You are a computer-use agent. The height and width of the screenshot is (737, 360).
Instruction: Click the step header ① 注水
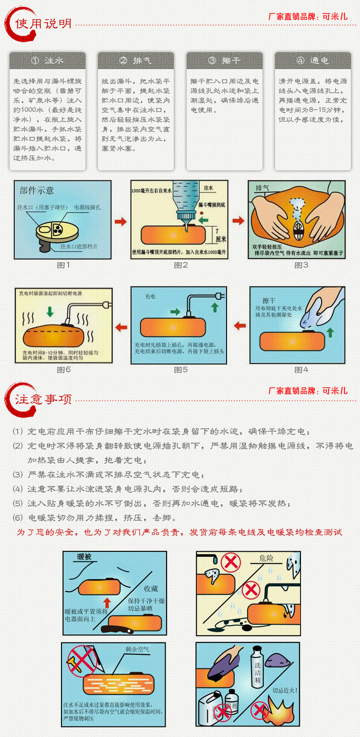pos(48,60)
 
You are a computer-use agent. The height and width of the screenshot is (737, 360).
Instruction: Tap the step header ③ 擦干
pos(225,60)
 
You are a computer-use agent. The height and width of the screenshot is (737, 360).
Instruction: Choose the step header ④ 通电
pos(313,60)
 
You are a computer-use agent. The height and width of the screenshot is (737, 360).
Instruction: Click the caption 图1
pos(63,265)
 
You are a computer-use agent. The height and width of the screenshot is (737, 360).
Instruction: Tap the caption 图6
pos(63,369)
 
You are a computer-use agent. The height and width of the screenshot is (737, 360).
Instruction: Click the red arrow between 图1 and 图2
pos(120,221)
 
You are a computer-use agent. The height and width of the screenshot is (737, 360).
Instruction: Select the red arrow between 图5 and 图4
pos(239,326)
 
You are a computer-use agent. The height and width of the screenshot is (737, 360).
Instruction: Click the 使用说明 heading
pos(43,24)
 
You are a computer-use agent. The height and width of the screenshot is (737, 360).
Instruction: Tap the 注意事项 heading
pos(43,399)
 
